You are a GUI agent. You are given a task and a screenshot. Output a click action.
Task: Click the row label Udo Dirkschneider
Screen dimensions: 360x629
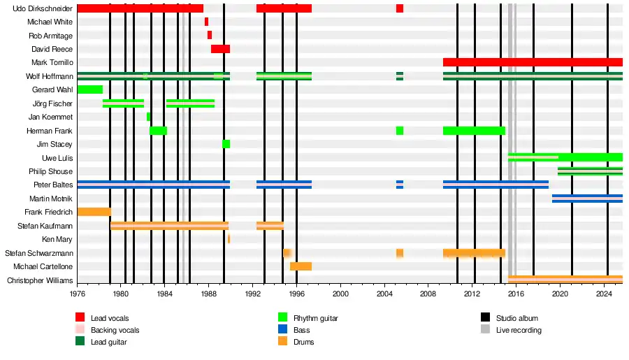pyautogui.click(x=43, y=8)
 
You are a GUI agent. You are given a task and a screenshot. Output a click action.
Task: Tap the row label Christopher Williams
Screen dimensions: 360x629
pyautogui.click(x=40, y=281)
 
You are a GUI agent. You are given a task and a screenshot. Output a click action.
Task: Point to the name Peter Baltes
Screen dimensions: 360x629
pyautogui.click(x=53, y=185)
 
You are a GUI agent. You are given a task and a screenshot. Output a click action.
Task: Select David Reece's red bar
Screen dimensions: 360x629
pyautogui.click(x=220, y=49)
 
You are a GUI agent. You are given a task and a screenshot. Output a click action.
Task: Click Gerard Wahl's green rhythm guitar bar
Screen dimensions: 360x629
pyautogui.click(x=89, y=89)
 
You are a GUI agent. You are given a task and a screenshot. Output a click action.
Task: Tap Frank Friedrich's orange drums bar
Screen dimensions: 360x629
pyautogui.click(x=94, y=212)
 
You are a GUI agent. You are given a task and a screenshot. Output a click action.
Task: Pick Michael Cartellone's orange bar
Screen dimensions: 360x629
pyautogui.click(x=301, y=266)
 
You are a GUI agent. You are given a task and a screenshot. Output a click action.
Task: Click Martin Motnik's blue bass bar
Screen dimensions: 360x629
pyautogui.click(x=587, y=199)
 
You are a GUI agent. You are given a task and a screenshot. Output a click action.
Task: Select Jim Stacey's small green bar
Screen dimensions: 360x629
pyautogui.click(x=226, y=144)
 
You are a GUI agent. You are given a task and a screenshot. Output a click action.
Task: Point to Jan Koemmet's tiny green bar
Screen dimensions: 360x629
pyautogui.click(x=148, y=117)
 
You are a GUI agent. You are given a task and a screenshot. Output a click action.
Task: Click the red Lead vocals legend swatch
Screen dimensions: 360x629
pyautogui.click(x=80, y=318)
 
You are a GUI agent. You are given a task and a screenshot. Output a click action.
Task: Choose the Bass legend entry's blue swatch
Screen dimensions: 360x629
pyautogui.click(x=283, y=330)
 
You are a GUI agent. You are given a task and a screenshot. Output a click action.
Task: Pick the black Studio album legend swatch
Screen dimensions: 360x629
pyautogui.click(x=485, y=318)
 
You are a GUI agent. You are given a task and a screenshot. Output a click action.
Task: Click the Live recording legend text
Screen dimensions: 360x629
pyautogui.click(x=519, y=330)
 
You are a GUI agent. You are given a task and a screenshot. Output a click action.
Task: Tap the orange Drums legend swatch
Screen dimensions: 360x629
pyautogui.click(x=283, y=342)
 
